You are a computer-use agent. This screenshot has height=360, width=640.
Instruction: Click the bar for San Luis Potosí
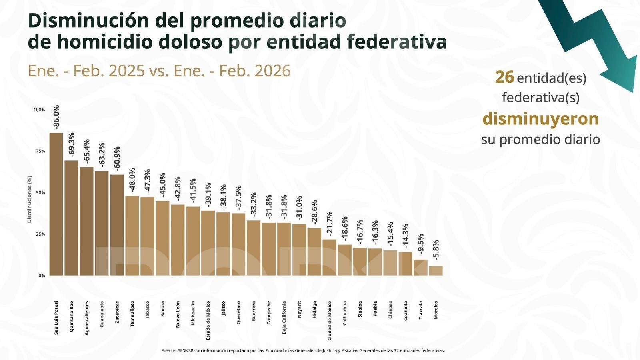(56, 204)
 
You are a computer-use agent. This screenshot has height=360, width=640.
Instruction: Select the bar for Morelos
(436, 271)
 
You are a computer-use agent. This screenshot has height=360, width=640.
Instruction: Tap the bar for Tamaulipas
(132, 236)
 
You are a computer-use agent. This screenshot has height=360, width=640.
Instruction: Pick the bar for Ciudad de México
(329, 258)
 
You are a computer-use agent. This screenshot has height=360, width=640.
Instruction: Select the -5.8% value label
(436, 250)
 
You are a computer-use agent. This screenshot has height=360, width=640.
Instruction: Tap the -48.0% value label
(132, 180)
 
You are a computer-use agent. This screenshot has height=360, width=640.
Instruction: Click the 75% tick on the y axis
(40, 151)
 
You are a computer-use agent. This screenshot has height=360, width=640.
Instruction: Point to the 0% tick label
(42, 276)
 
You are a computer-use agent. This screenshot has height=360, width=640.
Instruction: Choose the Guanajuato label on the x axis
(102, 314)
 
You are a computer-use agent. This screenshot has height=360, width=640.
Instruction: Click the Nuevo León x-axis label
(178, 314)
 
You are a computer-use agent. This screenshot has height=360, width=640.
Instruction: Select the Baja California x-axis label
(284, 318)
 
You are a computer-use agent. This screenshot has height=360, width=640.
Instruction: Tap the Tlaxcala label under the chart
(420, 310)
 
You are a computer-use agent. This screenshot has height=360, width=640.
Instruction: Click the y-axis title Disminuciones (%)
(29, 199)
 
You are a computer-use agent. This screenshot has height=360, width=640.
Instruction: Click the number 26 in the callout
(504, 77)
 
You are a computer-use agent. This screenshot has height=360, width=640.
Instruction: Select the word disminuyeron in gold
(540, 119)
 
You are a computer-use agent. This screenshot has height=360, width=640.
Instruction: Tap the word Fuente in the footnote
(168, 350)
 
